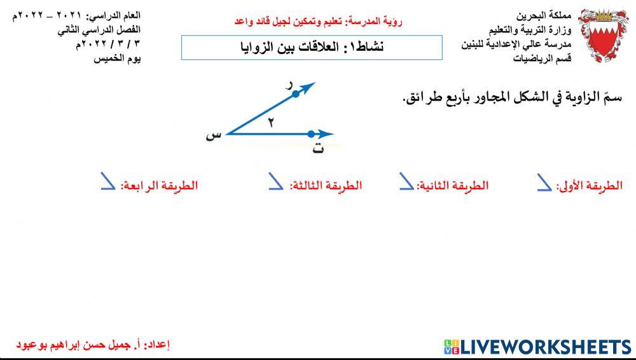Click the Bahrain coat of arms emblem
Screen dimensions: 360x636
(x=605, y=35)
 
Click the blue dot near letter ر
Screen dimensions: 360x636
(x=295, y=94)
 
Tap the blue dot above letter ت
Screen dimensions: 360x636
(x=311, y=134)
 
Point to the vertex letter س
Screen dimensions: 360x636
(x=215, y=135)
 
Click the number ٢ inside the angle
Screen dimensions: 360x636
(x=270, y=123)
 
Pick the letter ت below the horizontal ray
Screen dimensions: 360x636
(x=318, y=149)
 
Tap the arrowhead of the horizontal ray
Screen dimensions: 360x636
(x=327, y=134)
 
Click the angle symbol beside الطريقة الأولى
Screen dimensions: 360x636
(x=544, y=183)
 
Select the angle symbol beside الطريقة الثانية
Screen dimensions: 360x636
(x=406, y=183)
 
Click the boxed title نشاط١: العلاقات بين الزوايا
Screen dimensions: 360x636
(x=312, y=48)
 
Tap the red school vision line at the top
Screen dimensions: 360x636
(x=319, y=22)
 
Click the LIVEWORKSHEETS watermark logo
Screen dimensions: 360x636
(x=537, y=347)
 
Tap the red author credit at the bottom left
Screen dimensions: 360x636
(x=93, y=345)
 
